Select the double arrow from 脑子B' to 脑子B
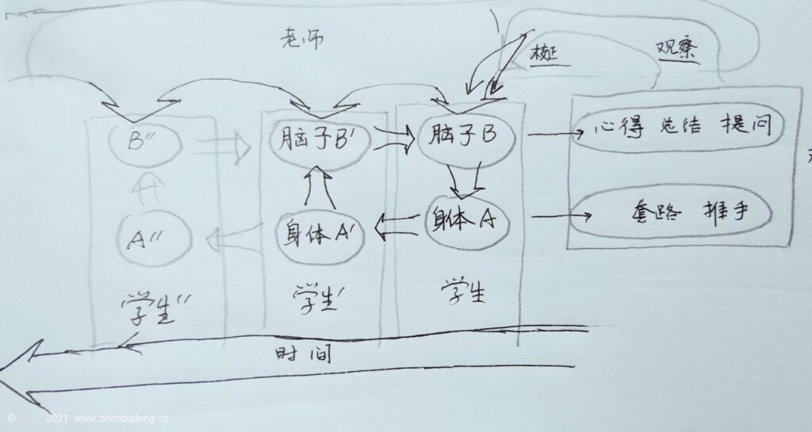(393, 140)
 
